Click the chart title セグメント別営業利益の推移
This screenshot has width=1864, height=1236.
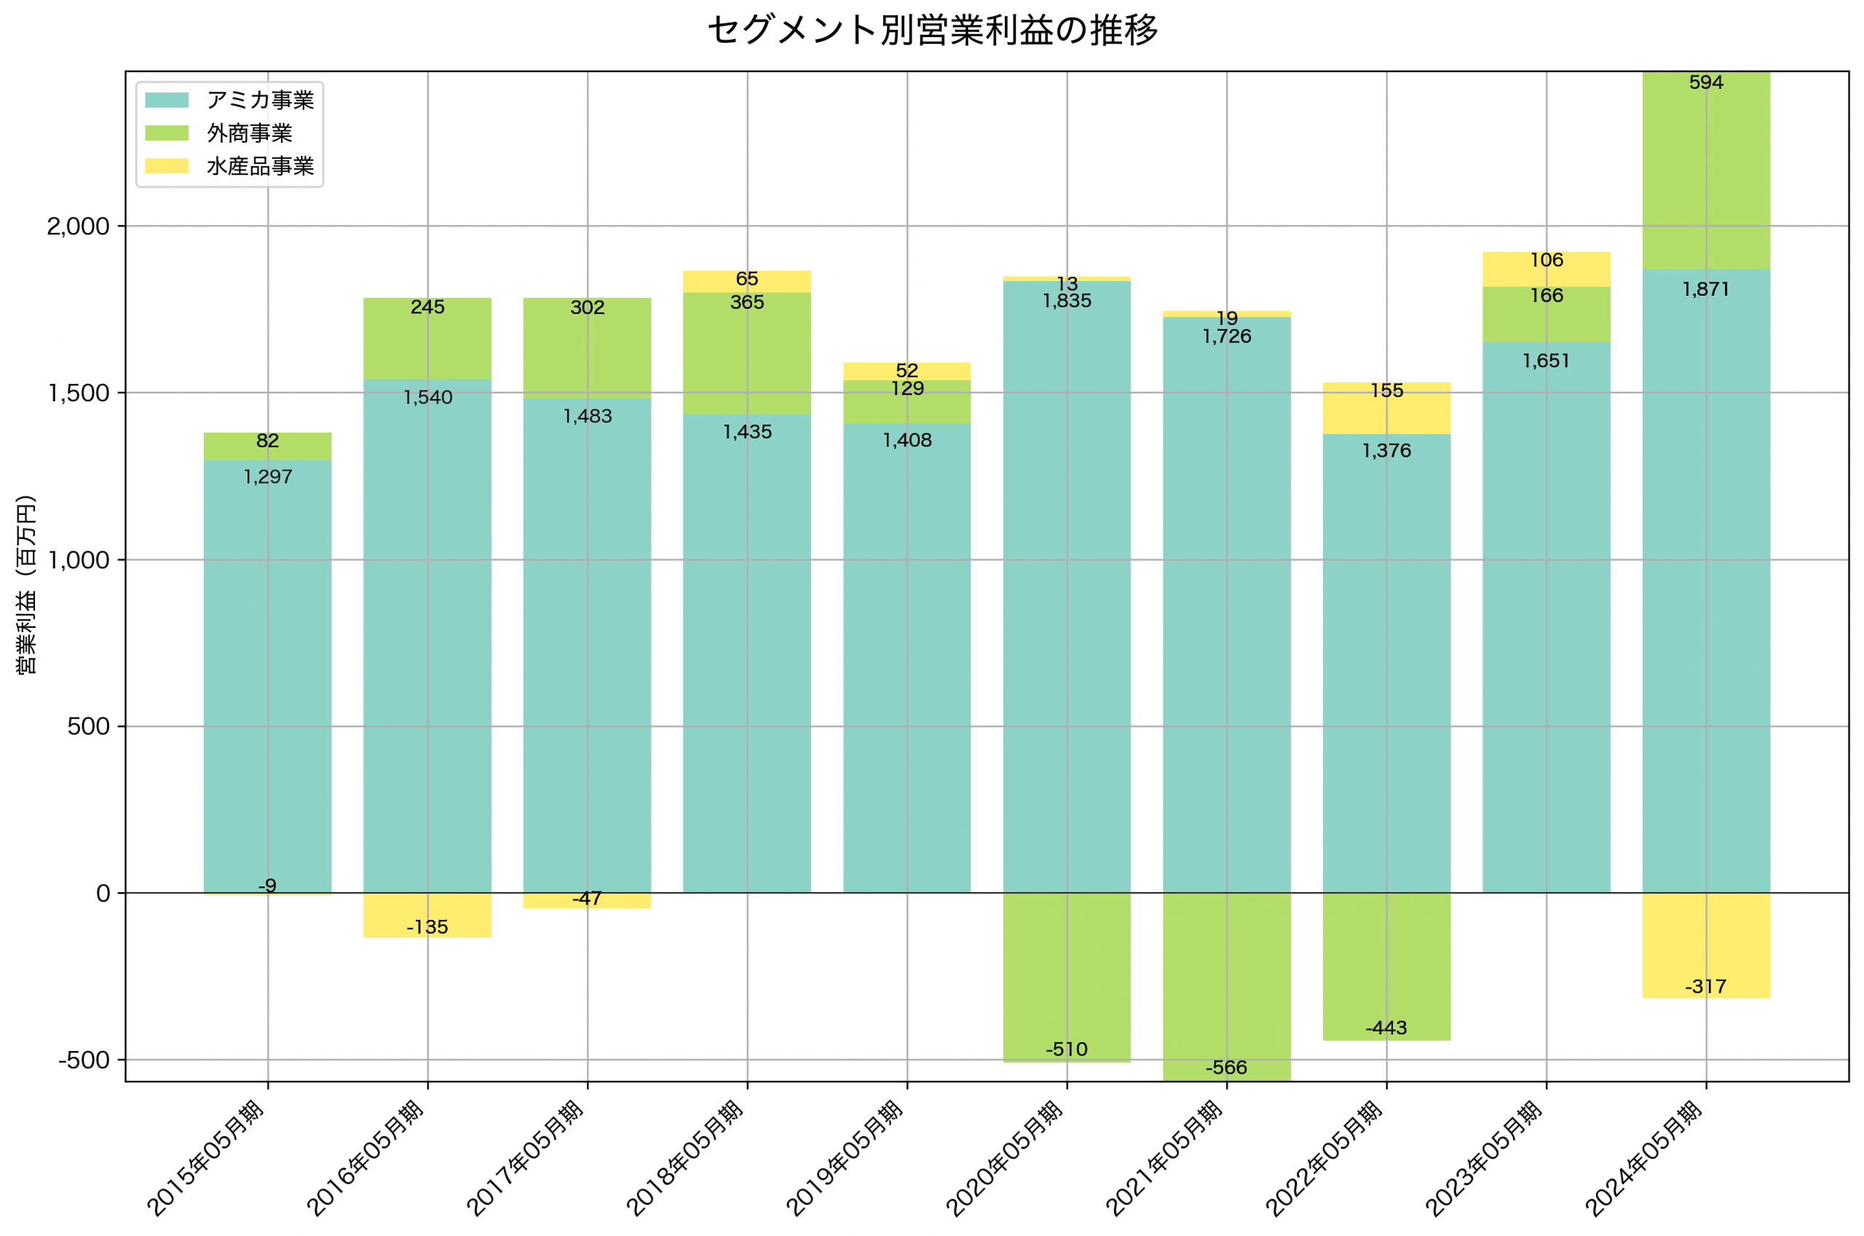[932, 31]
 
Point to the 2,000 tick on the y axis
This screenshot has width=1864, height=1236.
[78, 227]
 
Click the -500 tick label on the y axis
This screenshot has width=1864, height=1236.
[84, 1060]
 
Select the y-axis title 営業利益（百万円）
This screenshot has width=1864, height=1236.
[26, 584]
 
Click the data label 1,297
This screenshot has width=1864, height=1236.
[268, 477]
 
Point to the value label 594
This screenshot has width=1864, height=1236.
[1706, 83]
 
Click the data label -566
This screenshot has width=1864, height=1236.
[1226, 1067]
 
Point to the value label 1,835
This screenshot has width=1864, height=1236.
[1067, 301]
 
